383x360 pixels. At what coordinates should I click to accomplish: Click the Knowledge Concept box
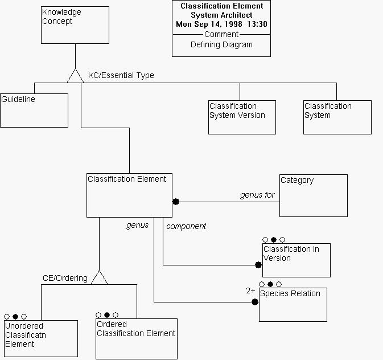click(75, 25)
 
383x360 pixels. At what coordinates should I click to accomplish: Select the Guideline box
click(34, 110)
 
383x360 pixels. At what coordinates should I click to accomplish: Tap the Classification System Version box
click(242, 117)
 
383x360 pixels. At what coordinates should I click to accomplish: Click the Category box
click(313, 195)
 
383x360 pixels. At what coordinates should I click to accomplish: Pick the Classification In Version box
click(296, 260)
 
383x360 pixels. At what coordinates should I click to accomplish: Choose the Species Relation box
click(293, 304)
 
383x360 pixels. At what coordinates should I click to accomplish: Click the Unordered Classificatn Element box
click(40, 338)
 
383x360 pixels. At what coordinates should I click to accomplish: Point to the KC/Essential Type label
click(121, 75)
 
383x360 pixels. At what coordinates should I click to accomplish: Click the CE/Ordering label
click(65, 278)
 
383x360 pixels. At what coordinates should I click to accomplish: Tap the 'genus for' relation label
click(257, 195)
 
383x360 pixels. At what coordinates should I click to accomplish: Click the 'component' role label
click(186, 226)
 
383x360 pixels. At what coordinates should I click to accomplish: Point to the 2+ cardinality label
click(251, 291)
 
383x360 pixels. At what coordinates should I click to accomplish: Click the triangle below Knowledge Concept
click(75, 76)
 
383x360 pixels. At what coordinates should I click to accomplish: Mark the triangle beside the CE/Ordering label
click(99, 277)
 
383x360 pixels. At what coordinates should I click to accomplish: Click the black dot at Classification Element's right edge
click(176, 202)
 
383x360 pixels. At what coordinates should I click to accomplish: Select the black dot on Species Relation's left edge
click(255, 301)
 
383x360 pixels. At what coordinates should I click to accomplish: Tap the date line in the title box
click(221, 24)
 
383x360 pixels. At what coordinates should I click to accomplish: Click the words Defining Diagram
click(221, 44)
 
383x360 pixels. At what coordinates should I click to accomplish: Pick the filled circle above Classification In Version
click(274, 240)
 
